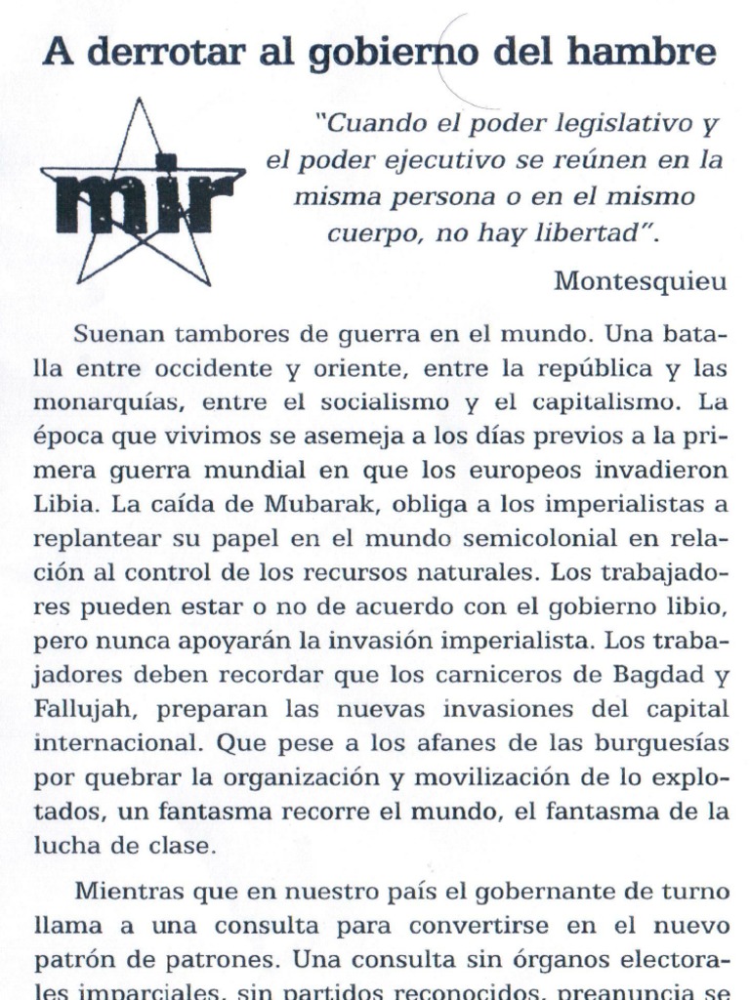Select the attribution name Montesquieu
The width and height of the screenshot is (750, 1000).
click(x=641, y=281)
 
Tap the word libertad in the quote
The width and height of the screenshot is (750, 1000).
click(x=594, y=233)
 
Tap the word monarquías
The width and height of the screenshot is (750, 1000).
click(x=103, y=403)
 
